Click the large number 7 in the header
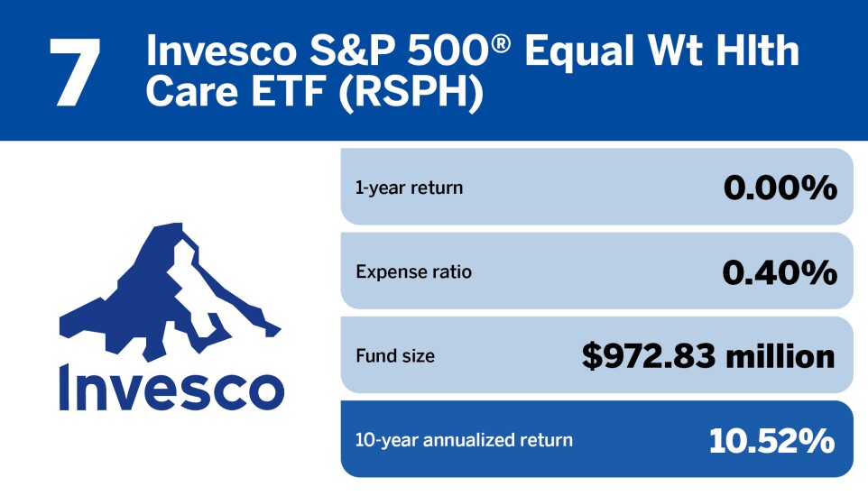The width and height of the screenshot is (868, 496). point(74,72)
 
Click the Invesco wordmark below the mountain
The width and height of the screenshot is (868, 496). point(171,386)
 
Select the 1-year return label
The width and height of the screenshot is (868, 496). point(409,188)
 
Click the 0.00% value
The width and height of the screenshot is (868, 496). point(780,188)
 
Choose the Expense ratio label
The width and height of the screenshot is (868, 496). point(413,271)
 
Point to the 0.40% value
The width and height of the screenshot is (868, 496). point(780,271)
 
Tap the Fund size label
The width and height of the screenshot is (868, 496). point(394,356)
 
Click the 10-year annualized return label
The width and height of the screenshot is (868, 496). point(464,440)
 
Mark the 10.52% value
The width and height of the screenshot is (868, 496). point(771,440)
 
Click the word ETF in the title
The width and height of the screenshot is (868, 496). point(291,94)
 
